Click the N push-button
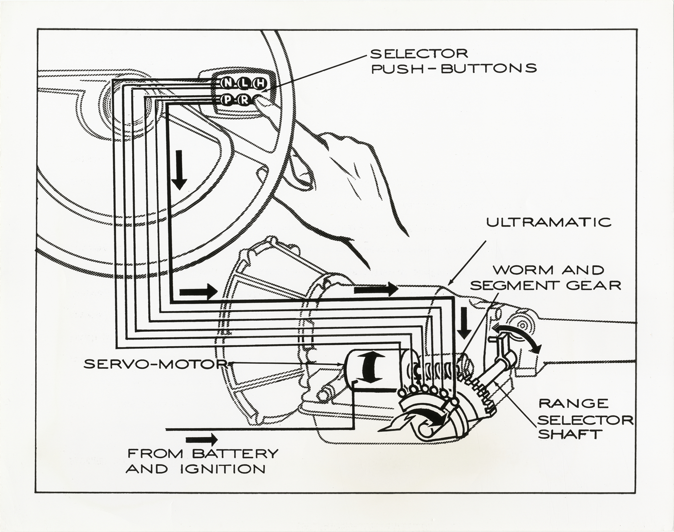[227, 83]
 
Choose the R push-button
[244, 100]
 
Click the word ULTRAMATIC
[548, 222]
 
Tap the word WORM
[518, 270]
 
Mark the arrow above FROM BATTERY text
[202, 439]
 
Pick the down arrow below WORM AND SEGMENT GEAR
[465, 322]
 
